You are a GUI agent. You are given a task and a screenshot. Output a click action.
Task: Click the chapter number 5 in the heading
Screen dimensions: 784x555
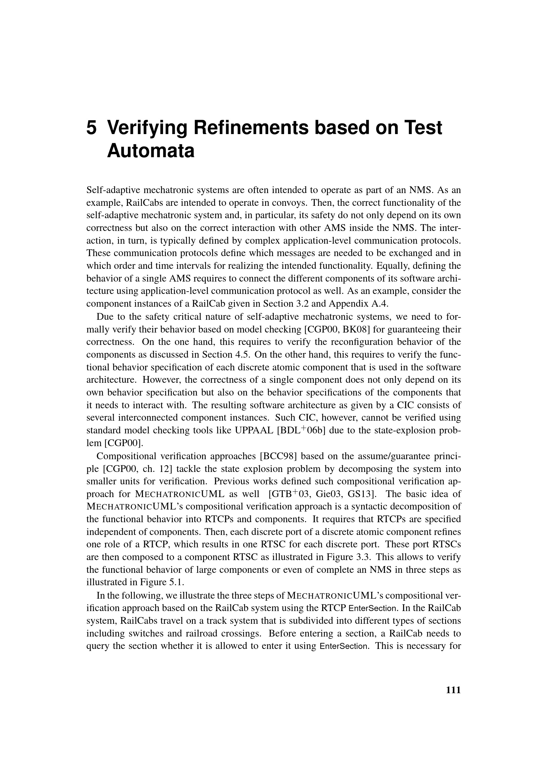(92, 128)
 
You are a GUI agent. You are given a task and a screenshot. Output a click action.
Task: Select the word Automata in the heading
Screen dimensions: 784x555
(151, 151)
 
